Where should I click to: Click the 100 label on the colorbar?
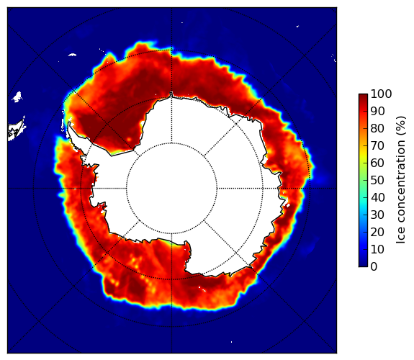click(381, 94)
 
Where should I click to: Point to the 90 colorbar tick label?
click(377, 111)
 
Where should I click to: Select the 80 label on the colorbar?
click(377, 129)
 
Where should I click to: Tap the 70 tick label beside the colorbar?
click(377, 145)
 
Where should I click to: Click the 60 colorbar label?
click(377, 163)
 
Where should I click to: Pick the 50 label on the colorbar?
click(377, 181)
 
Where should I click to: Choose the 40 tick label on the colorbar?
click(377, 197)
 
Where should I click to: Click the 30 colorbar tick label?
click(377, 215)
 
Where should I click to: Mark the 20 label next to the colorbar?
click(377, 232)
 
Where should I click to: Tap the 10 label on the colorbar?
click(377, 249)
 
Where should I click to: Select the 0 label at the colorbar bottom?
click(374, 267)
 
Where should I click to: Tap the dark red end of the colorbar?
click(363, 96)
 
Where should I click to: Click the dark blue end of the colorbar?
click(363, 264)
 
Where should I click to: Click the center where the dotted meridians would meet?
click(171, 189)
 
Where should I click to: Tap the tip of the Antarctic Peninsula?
click(69, 123)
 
